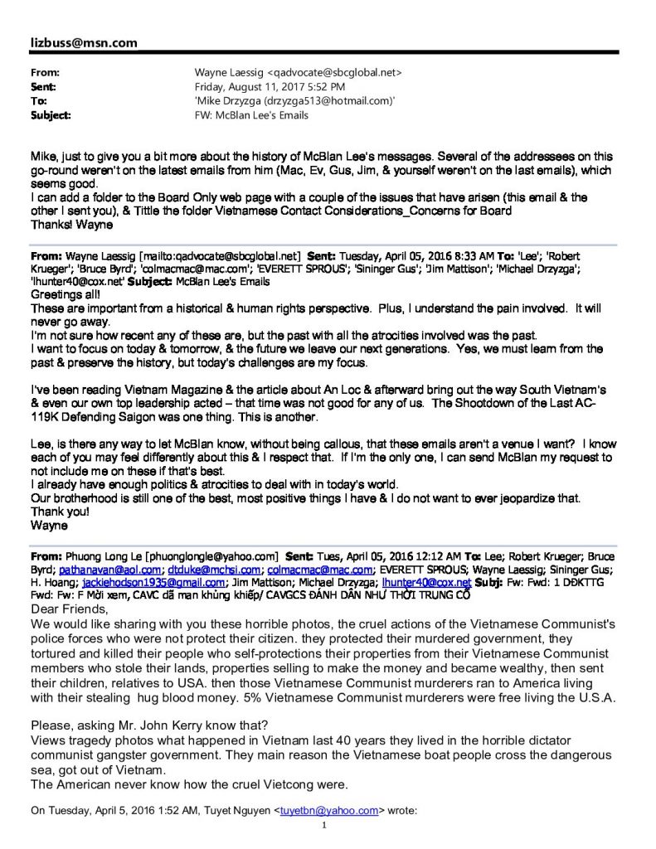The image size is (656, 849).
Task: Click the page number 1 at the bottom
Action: [x=325, y=826]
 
